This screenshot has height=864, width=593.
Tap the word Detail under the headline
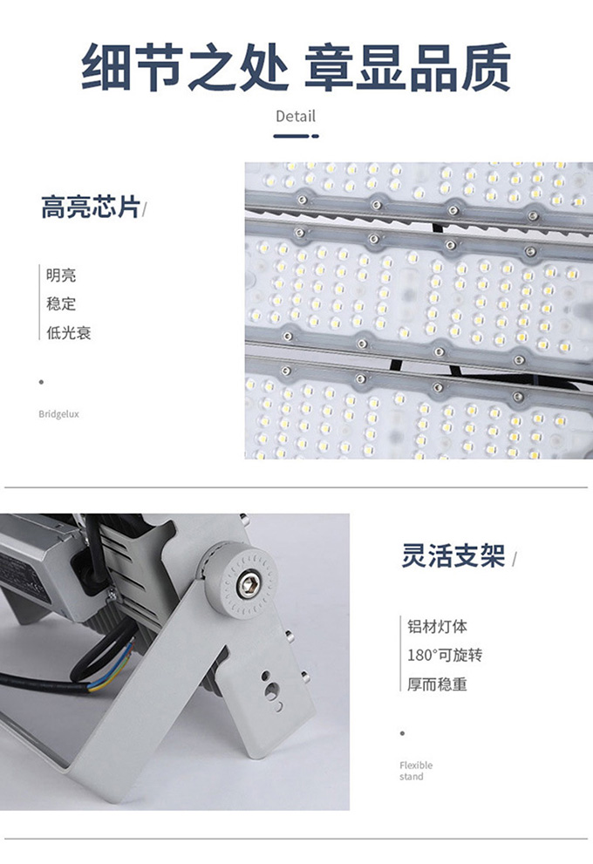(296, 116)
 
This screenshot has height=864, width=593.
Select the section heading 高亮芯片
(91, 207)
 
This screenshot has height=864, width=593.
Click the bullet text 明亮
(61, 275)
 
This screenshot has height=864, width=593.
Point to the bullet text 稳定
(61, 303)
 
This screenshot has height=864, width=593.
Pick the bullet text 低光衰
(68, 332)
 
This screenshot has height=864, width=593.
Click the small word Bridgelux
(59, 414)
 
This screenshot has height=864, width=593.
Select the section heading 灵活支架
(453, 555)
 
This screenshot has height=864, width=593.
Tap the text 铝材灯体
(437, 626)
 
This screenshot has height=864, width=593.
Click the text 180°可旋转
(445, 655)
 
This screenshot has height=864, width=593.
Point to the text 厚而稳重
(437, 684)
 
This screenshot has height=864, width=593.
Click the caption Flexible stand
(416, 771)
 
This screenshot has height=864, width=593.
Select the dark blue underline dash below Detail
(296, 135)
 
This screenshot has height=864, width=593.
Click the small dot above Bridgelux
(41, 382)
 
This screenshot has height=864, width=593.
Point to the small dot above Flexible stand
(402, 733)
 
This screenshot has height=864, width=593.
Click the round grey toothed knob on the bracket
(242, 580)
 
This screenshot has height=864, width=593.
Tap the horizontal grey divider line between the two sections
(296, 487)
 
